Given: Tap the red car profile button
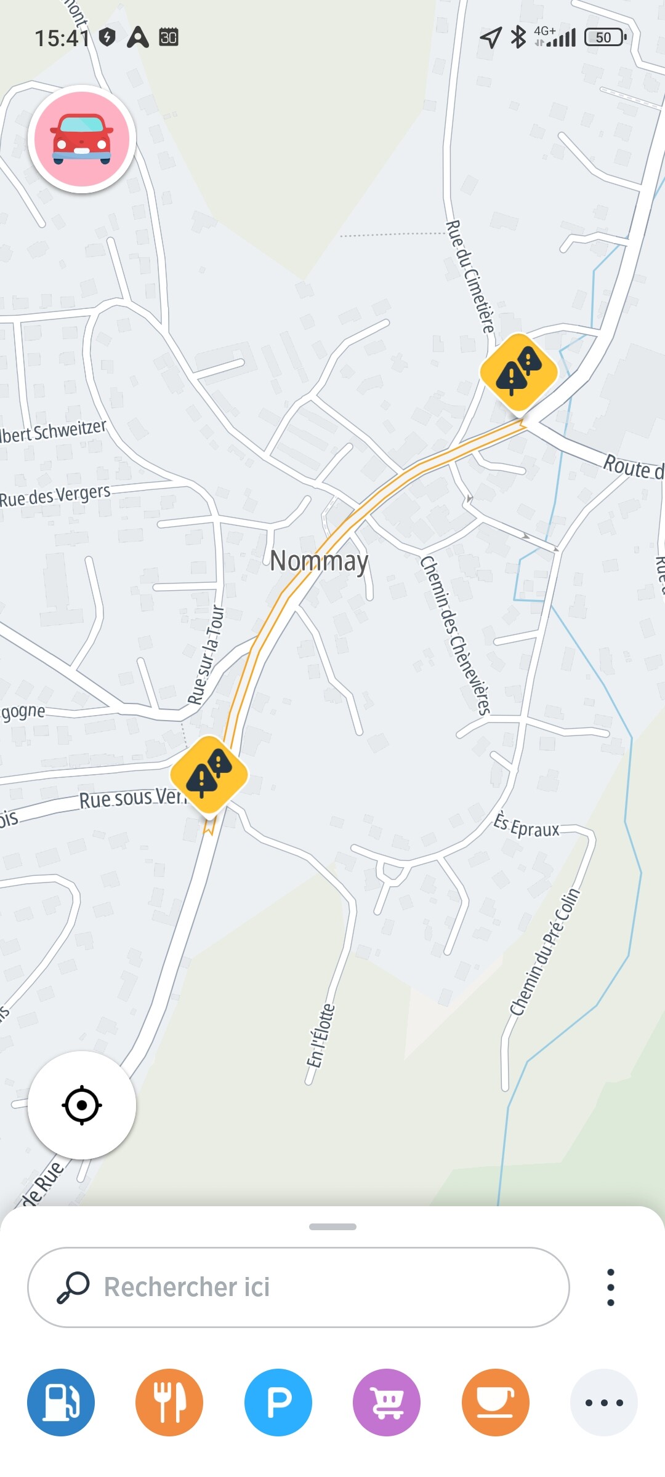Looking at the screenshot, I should pyautogui.click(x=82, y=139).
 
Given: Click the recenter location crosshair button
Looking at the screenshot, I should pyautogui.click(x=82, y=1105).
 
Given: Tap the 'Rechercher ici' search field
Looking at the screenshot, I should pyautogui.click(x=298, y=1287).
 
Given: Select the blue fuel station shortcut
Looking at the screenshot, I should pyautogui.click(x=61, y=1403).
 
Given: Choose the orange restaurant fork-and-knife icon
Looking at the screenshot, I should pyautogui.click(x=169, y=1403).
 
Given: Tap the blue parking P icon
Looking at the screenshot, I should pyautogui.click(x=278, y=1403).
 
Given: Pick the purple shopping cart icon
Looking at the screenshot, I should pyautogui.click(x=387, y=1403).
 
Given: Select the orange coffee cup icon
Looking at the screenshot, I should pyautogui.click(x=496, y=1403).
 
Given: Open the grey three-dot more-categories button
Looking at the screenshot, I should pyautogui.click(x=603, y=1403).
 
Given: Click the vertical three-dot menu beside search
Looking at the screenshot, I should pyautogui.click(x=610, y=1287).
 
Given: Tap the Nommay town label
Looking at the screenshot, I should pyautogui.click(x=319, y=561).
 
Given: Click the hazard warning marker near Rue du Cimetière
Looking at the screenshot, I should pyautogui.click(x=519, y=372).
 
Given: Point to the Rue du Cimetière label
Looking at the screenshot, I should pyautogui.click(x=471, y=277).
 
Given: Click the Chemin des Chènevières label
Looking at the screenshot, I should pyautogui.click(x=455, y=636).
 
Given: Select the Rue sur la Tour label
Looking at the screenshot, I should pyautogui.click(x=206, y=655).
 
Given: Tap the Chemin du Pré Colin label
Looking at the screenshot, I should pyautogui.click(x=545, y=952).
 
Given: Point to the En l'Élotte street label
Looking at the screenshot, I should pyautogui.click(x=321, y=1036).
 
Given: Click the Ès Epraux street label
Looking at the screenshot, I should pyautogui.click(x=526, y=826).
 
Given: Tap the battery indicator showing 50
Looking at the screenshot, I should pyautogui.click(x=605, y=38).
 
